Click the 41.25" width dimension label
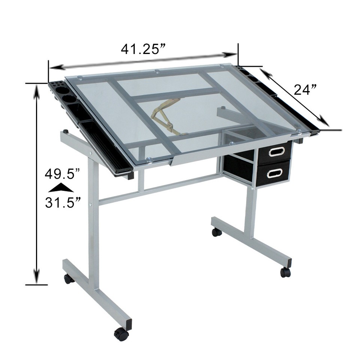click(143, 49)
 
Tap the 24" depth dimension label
click(305, 90)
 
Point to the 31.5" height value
click(62, 202)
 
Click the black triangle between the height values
click(61, 188)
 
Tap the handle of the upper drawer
click(277, 151)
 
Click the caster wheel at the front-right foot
click(285, 272)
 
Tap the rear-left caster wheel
click(69, 279)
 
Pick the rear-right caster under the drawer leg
click(217, 232)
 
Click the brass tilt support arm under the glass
click(165, 116)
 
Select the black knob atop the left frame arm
click(66, 131)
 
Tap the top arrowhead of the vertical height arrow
click(37, 90)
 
